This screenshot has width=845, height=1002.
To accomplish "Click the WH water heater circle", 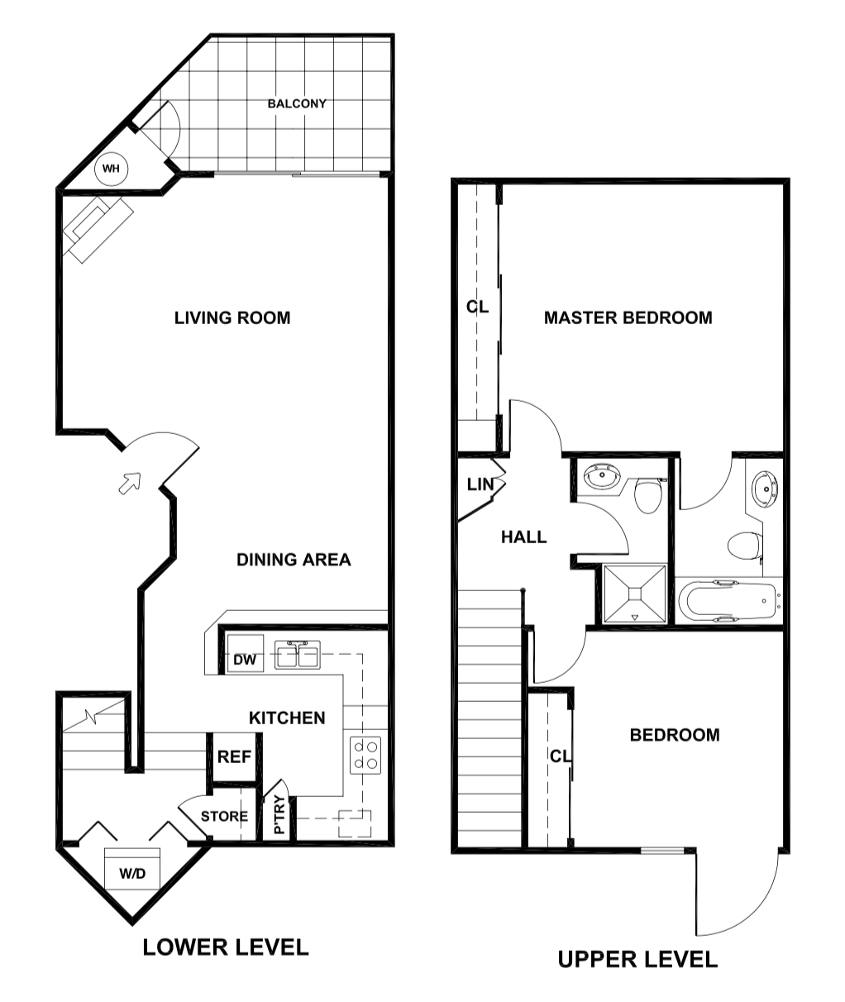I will (111, 169).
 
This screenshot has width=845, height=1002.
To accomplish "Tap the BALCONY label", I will (297, 104).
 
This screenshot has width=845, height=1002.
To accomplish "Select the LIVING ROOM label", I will (232, 317).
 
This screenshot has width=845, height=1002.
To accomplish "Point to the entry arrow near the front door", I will (130, 482).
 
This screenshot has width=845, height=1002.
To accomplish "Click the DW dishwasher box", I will (244, 659).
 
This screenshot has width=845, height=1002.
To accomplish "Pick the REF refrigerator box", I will (234, 756).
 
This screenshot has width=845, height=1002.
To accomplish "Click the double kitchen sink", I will (298, 656).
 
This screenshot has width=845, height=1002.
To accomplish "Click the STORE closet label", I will (224, 816).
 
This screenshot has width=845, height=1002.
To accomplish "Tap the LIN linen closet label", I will (480, 484).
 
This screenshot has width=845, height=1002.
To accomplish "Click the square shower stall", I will (635, 593).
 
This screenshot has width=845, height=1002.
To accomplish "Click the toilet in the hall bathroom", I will (647, 496).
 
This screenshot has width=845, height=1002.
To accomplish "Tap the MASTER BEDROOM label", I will (628, 317).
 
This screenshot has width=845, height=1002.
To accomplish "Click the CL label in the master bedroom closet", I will (477, 307).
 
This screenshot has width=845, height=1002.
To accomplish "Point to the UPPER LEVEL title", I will (637, 959).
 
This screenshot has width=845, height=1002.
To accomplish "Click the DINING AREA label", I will (294, 560).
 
